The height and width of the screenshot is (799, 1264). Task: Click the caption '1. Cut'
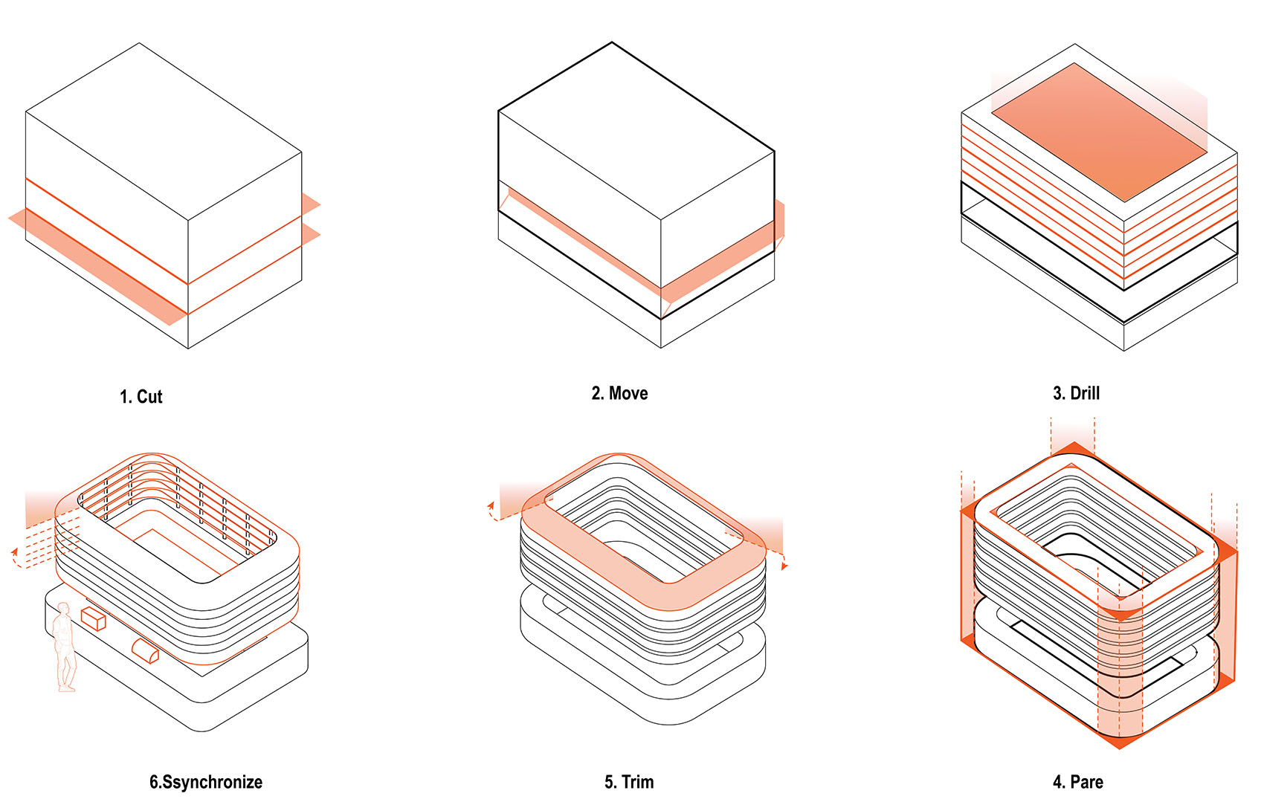point(141,397)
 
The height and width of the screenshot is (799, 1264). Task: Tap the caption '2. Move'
point(619,393)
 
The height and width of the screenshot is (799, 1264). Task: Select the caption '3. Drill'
point(1076,393)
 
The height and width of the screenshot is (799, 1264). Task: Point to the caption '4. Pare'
point(1078,782)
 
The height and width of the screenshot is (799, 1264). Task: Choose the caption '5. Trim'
point(629,782)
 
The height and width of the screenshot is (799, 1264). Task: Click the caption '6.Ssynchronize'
point(206,782)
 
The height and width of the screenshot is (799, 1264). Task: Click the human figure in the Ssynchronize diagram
point(64,647)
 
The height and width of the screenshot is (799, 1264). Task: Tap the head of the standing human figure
point(63,609)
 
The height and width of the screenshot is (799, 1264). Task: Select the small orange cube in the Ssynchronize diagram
point(94,618)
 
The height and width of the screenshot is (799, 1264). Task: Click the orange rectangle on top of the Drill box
point(1099,132)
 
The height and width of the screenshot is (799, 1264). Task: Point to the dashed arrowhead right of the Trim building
point(784,566)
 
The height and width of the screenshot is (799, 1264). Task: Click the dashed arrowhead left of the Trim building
point(491,505)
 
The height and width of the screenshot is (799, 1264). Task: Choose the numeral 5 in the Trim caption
point(609,782)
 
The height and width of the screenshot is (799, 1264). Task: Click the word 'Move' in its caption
point(628,393)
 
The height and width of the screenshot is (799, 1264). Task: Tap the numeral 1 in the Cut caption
point(123,397)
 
